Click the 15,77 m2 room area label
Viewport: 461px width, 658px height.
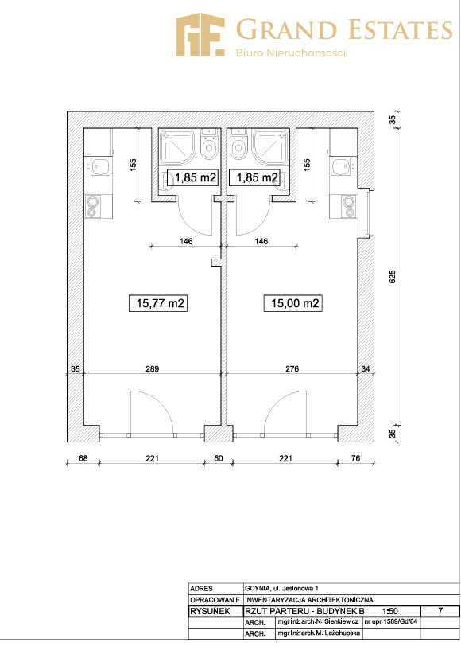(x=157, y=303)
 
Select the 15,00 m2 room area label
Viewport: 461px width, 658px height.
(x=292, y=303)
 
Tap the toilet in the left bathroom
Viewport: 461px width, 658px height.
(x=208, y=145)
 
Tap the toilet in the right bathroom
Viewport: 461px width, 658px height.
(x=238, y=145)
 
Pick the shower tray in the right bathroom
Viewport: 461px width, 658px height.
(x=270, y=148)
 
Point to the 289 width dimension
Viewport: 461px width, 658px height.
(x=152, y=368)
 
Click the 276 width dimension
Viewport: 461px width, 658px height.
(x=292, y=368)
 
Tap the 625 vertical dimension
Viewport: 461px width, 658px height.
(x=393, y=277)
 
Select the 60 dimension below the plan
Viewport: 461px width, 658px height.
(x=219, y=458)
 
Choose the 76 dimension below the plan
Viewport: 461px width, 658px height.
(x=355, y=458)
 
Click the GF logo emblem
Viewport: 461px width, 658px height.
(x=200, y=34)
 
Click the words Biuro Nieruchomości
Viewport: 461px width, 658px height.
(x=290, y=53)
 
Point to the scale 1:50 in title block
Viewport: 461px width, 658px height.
(x=390, y=611)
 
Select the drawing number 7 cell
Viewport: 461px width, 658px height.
(x=440, y=611)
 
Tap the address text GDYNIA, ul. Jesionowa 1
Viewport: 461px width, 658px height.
(x=281, y=588)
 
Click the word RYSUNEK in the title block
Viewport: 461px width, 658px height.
(x=211, y=611)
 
